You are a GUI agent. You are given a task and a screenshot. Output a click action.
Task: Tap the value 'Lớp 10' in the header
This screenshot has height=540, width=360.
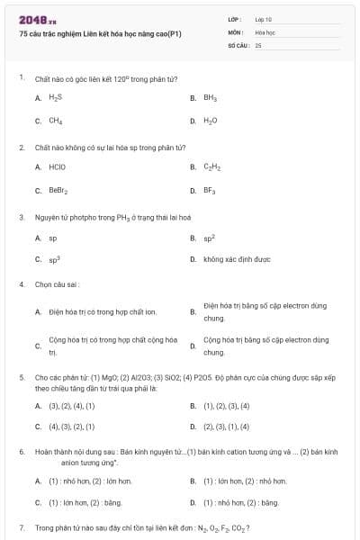coord(263,18)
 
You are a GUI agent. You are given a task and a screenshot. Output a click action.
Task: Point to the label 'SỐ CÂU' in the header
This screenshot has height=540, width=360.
coord(238,44)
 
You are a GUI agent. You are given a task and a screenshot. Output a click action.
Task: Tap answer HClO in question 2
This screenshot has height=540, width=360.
coord(57,166)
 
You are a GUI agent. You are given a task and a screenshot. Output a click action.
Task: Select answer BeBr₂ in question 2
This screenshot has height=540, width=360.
coord(58,190)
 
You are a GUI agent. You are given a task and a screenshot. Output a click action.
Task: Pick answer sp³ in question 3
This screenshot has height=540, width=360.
coord(54,259)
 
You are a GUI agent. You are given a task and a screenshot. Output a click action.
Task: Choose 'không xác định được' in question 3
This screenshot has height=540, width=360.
coord(237,259)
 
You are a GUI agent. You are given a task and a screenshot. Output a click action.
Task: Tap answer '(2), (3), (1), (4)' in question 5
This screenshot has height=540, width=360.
coord(226,427)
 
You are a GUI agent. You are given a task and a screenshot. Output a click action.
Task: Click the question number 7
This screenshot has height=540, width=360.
coord(21,526)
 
